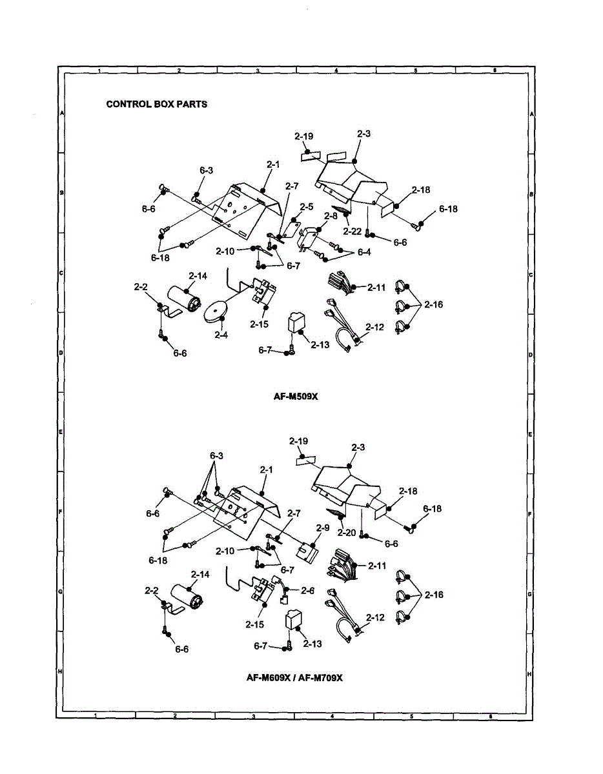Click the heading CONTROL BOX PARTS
click(157, 104)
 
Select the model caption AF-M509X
click(296, 397)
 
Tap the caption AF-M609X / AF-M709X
click(294, 677)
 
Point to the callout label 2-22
click(353, 231)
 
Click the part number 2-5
click(306, 207)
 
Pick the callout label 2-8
click(331, 217)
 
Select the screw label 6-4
click(364, 252)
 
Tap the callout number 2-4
click(221, 335)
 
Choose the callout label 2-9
click(323, 527)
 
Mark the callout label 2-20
click(347, 532)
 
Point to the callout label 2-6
click(307, 590)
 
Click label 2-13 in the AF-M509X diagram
click(320, 345)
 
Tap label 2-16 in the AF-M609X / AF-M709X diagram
click(434, 595)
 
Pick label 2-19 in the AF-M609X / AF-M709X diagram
click(298, 441)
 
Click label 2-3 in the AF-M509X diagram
click(363, 134)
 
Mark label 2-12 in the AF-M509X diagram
click(374, 328)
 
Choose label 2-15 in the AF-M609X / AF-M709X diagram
click(255, 624)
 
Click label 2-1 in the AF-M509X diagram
click(272, 164)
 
